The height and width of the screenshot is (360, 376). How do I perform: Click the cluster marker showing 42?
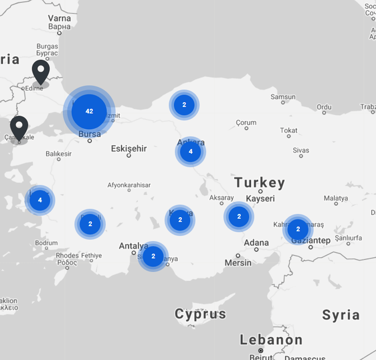pos(89,111)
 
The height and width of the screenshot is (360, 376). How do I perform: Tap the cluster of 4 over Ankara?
pos(190,152)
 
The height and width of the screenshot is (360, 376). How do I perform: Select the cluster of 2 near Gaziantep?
pos(298,229)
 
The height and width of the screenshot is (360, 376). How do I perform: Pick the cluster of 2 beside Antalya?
pos(153,256)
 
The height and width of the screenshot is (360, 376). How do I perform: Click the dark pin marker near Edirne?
pos(41,72)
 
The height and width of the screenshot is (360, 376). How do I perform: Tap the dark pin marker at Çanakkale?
pos(19,128)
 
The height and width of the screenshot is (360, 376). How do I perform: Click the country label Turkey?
pos(260,183)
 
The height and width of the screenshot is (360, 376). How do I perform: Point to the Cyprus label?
pos(200,314)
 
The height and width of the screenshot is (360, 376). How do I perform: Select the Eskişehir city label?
pos(129,148)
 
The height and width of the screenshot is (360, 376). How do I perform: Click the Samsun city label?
pos(283,97)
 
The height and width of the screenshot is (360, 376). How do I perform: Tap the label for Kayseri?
pos(260,199)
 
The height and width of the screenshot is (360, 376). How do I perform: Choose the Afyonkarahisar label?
pos(129,185)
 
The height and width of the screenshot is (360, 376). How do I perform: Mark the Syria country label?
pos(341,315)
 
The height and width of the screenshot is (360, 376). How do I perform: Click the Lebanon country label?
pos(271,339)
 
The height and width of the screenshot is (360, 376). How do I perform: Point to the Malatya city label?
pos(336,198)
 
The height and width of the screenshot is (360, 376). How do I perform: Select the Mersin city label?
pos(238,263)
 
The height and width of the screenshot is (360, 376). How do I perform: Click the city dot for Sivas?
pos(301,156)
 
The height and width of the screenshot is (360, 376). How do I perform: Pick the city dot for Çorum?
pos(246,128)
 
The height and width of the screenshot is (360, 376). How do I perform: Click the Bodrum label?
pos(46,243)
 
